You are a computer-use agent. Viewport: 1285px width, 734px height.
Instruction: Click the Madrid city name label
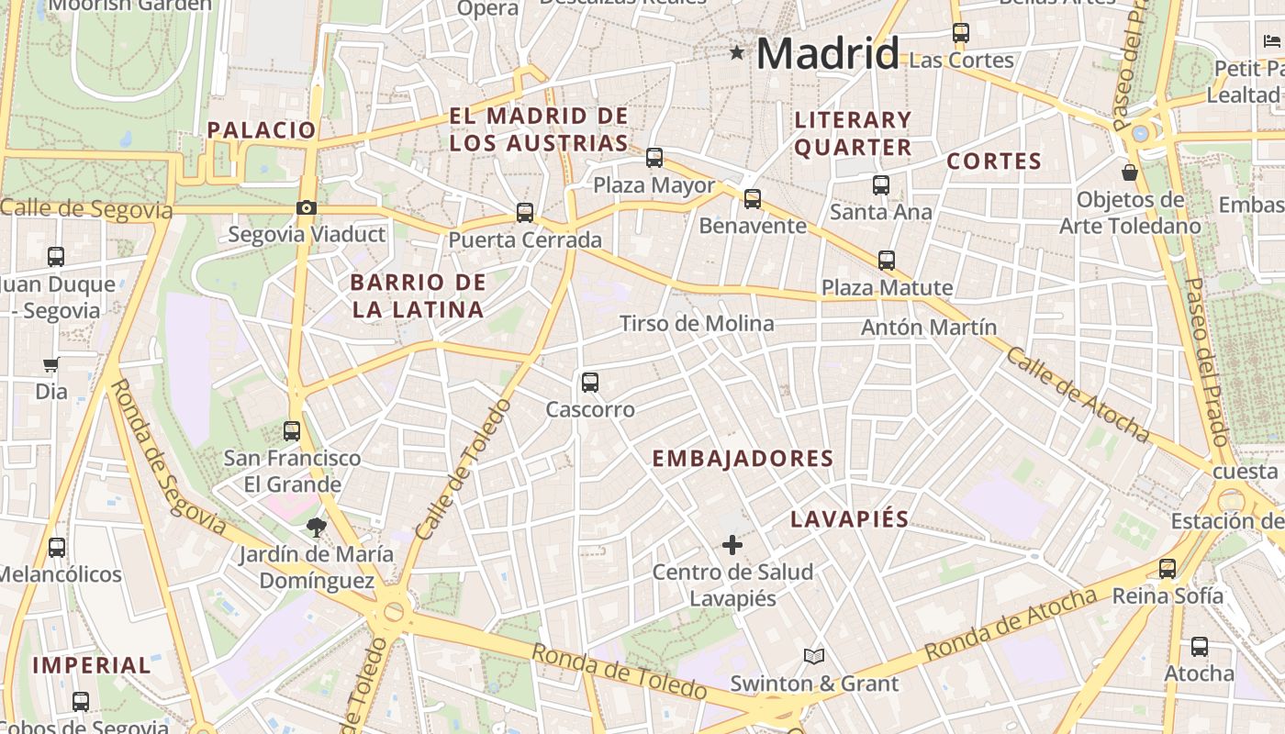pyautogui.click(x=827, y=53)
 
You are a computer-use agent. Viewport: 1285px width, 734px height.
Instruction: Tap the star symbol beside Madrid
pyautogui.click(x=737, y=52)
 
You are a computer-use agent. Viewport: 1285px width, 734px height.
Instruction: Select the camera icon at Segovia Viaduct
pyautogui.click(x=307, y=208)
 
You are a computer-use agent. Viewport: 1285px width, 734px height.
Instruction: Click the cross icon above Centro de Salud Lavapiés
pyautogui.click(x=732, y=546)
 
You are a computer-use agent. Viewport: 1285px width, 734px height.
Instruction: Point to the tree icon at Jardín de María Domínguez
pyautogui.click(x=316, y=528)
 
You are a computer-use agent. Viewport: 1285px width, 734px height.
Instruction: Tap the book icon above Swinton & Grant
pyautogui.click(x=813, y=656)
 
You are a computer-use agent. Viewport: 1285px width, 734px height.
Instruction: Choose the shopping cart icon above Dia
pyautogui.click(x=51, y=364)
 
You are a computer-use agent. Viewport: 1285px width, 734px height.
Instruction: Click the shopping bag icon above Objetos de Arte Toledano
pyautogui.click(x=1130, y=172)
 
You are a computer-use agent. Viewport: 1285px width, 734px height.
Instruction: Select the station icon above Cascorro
pyautogui.click(x=590, y=382)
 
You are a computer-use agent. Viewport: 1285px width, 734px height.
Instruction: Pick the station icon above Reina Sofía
pyautogui.click(x=1168, y=569)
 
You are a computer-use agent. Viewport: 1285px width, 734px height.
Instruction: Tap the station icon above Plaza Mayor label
pyautogui.click(x=654, y=158)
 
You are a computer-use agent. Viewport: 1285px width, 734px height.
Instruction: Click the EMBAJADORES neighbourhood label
pyautogui.click(x=743, y=459)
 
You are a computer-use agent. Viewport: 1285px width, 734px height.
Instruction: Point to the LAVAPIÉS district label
pyautogui.click(x=850, y=519)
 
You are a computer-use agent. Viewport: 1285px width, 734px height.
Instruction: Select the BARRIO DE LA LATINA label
pyautogui.click(x=418, y=295)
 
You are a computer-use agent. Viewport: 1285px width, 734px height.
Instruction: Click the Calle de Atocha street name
pyautogui.click(x=1078, y=393)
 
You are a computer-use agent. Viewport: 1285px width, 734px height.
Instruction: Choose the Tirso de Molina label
pyautogui.click(x=697, y=324)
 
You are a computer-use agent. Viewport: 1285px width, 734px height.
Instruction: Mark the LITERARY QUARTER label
pyautogui.click(x=853, y=133)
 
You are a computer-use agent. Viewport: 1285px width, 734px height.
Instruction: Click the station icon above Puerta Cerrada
pyautogui.click(x=525, y=213)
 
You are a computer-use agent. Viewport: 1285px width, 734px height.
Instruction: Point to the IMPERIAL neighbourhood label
pyautogui.click(x=92, y=665)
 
